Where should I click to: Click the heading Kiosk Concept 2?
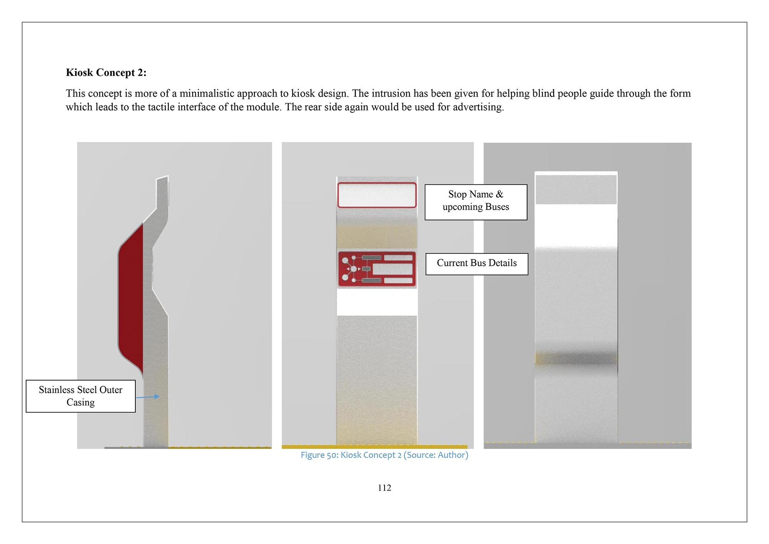pyautogui.click(x=106, y=72)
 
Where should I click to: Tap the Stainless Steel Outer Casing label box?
pyautogui.click(x=81, y=396)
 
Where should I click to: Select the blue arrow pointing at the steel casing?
pyautogui.click(x=148, y=397)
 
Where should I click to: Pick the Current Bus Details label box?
pyautogui.click(x=477, y=264)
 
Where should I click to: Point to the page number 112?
pyautogui.click(x=384, y=488)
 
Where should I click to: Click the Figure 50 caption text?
pyautogui.click(x=384, y=455)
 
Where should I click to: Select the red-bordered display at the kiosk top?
pyautogui.click(x=377, y=195)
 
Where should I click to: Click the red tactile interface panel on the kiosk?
pyautogui.click(x=377, y=269)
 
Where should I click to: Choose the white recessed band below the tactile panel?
pyautogui.click(x=377, y=302)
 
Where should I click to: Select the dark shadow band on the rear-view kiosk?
pyautogui.click(x=576, y=358)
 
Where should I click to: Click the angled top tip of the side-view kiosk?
pyautogui.click(x=168, y=176)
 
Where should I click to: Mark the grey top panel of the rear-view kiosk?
pyautogui.click(x=576, y=190)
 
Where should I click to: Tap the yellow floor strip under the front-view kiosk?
pyautogui.click(x=375, y=447)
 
